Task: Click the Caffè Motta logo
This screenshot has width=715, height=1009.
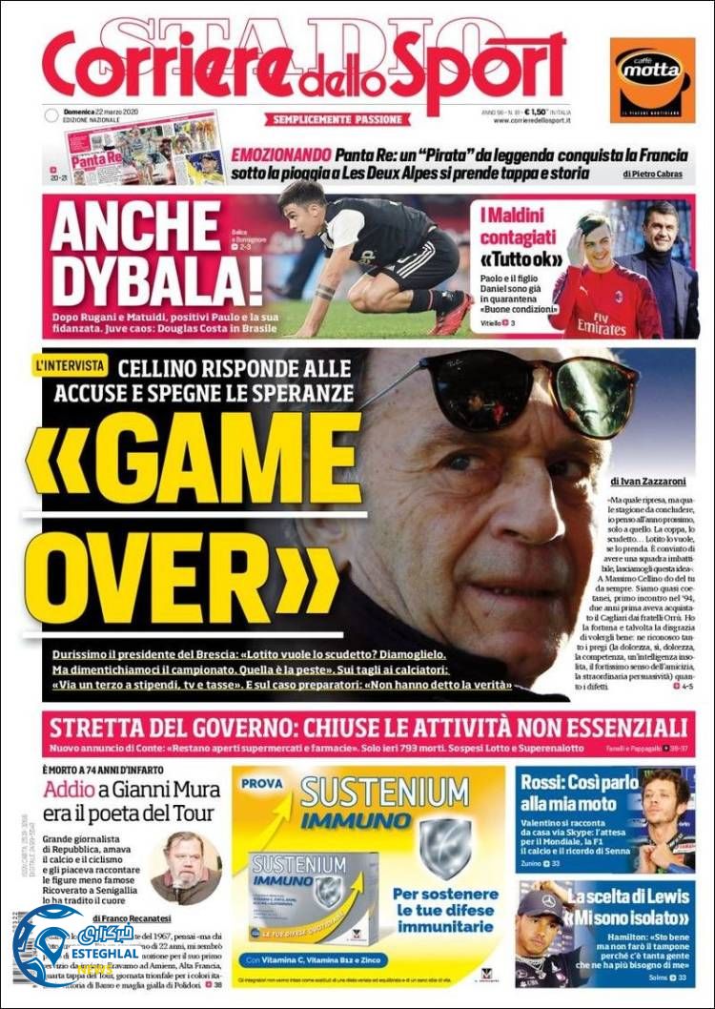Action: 652,79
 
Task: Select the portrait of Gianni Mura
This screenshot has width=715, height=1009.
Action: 185,866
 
